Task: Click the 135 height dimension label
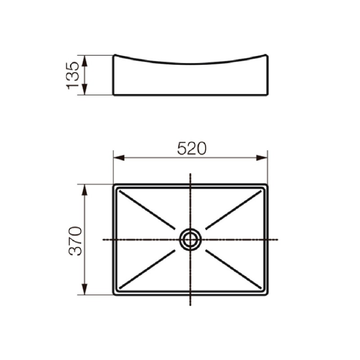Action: (x=73, y=75)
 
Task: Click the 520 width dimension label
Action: (x=192, y=148)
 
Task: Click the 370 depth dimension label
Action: (x=75, y=241)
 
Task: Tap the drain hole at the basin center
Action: (x=190, y=239)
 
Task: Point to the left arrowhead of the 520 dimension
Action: (x=119, y=158)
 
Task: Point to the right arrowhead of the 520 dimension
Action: (x=262, y=158)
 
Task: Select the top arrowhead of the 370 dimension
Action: (x=85, y=190)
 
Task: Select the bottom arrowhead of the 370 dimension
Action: (x=85, y=289)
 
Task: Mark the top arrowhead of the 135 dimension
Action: (x=85, y=61)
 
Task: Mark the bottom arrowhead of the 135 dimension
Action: (x=85, y=89)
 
